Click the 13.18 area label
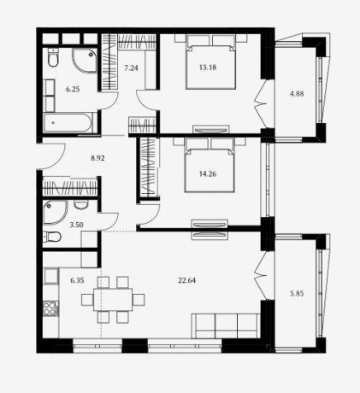tap(208, 67)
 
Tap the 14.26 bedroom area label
tap(208, 173)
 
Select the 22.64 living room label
tap(186, 280)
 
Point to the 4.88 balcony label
tap(297, 94)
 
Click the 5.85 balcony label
tap(297, 293)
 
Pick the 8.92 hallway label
tap(97, 158)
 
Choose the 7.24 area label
tap(131, 67)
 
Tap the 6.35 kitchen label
tap(77, 280)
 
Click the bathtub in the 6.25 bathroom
tap(68, 123)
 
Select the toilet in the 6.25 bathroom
tap(53, 57)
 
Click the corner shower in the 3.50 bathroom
tap(55, 212)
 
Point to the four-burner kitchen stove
tap(50, 309)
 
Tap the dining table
tap(113, 300)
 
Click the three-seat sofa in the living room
tap(226, 326)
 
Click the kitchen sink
tap(51, 276)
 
